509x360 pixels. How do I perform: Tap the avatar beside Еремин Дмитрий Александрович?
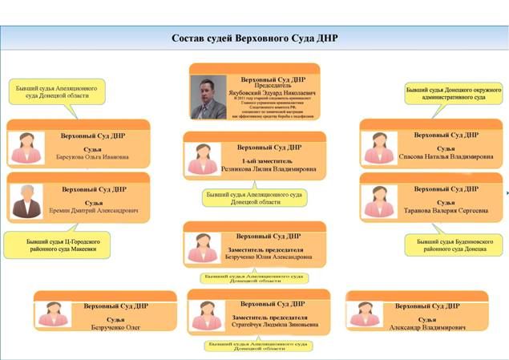pos(27,202)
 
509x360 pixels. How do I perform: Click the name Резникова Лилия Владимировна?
pos(269,170)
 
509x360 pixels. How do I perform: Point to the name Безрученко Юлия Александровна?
pos(269,258)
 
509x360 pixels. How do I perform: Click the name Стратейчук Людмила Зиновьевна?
pos(270,326)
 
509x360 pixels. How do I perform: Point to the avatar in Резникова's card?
pos(202,160)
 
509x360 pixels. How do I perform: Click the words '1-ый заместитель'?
pos(269,160)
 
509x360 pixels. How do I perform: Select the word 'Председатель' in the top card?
pos(271,85)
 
